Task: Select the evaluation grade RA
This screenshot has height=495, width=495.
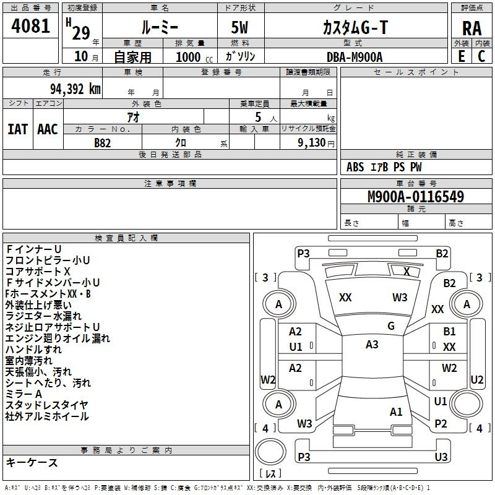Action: [x=471, y=28]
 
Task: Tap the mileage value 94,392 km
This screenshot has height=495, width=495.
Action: [x=71, y=88]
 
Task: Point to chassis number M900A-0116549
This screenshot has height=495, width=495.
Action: [x=416, y=197]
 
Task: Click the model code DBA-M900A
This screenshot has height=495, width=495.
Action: [x=355, y=57]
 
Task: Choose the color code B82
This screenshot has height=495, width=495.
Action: [x=103, y=142]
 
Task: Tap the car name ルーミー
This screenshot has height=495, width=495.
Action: [x=159, y=28]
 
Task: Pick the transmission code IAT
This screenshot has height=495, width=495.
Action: [x=17, y=129]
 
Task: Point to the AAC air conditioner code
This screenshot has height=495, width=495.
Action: [x=47, y=129]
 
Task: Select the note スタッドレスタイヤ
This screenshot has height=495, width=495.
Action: [x=47, y=405]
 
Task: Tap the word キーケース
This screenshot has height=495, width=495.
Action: [x=32, y=463]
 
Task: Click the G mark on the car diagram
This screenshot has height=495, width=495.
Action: [x=391, y=325]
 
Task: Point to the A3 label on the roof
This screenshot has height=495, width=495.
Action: [x=372, y=345]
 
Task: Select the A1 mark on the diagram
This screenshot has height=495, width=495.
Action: [x=396, y=411]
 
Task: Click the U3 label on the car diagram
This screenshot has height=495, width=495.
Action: [x=441, y=457]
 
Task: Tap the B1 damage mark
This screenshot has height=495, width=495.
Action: [x=449, y=332]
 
